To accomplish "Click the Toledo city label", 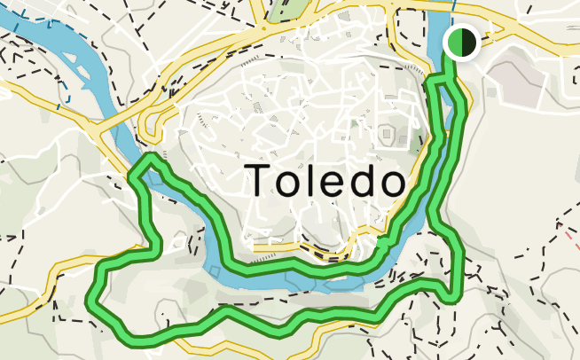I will (x=325, y=180).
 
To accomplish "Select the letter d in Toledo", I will (x=362, y=180).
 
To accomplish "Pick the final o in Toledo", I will (x=391, y=184).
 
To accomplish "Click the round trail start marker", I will (x=461, y=42).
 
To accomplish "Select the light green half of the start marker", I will (x=454, y=42).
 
